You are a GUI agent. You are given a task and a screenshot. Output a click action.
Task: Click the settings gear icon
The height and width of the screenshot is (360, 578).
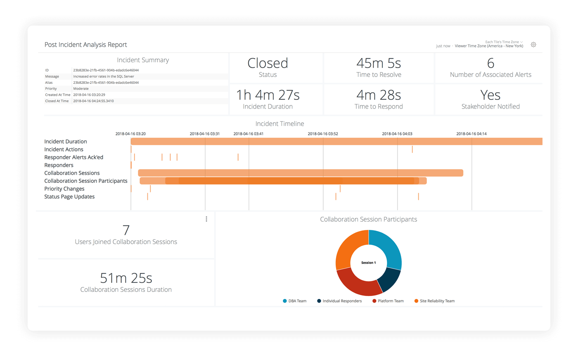533,45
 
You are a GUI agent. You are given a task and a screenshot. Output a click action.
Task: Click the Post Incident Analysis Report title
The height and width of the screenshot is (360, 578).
85,45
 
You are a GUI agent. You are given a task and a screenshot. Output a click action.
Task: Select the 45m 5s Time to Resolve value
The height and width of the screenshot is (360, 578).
379,63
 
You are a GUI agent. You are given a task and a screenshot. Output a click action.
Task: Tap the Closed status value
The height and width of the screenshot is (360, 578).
268,63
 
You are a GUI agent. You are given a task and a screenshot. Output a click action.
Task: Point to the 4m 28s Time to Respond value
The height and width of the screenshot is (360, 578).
379,95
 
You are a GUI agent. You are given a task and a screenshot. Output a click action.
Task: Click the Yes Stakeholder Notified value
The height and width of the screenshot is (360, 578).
490,95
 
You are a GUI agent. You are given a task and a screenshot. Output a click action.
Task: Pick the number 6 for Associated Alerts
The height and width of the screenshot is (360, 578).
490,63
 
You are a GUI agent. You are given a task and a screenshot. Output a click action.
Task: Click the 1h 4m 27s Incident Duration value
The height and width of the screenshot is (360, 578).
268,95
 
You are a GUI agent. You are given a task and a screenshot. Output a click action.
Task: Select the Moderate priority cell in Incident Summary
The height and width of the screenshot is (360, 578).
81,89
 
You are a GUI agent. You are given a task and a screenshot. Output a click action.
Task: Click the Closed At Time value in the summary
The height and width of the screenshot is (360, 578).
93,101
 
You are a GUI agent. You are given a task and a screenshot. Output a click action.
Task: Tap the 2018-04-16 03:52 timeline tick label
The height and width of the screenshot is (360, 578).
323,134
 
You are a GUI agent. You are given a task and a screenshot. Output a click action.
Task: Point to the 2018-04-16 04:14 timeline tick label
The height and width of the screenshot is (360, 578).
471,134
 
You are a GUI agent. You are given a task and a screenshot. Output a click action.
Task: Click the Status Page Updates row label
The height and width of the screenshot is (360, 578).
69,197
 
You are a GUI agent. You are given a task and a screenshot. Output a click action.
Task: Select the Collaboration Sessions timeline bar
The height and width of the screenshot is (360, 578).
301,173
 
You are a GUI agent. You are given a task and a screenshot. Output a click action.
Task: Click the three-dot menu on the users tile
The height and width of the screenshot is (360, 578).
206,219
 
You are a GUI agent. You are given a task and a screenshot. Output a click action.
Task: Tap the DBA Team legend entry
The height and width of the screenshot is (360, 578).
295,301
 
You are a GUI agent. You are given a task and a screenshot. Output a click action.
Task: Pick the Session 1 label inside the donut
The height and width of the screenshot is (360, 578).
368,263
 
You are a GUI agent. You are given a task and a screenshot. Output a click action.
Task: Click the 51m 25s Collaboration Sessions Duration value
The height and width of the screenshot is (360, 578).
126,278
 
